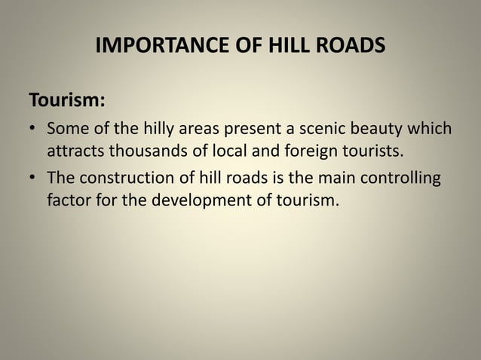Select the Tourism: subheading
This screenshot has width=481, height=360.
(66, 100)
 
